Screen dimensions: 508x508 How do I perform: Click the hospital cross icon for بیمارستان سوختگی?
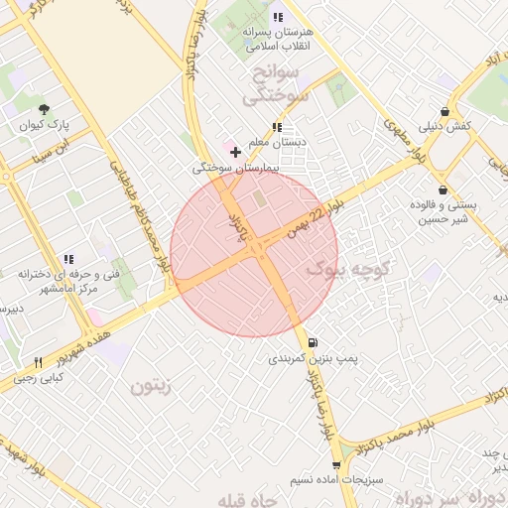coord(234,152)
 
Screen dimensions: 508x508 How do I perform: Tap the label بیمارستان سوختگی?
coord(236,169)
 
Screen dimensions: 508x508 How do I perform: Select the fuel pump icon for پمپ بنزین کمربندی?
coord(314,340)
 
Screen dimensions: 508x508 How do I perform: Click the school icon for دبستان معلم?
coord(276,128)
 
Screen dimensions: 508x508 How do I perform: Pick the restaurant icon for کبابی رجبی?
coord(38,362)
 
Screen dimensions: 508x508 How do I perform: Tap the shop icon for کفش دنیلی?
coord(444,111)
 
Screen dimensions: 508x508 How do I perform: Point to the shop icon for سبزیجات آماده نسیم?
coord(336,464)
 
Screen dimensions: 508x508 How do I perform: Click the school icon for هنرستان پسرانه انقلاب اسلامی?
coord(277,17)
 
